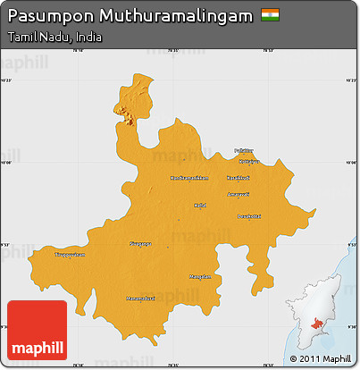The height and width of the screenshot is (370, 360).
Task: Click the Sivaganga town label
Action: pos(140,242)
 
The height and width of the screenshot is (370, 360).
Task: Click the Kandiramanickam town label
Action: pos(189,177)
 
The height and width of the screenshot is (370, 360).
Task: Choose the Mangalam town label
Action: pos(200,276)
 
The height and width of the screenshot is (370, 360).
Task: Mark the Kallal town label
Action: pos(200,205)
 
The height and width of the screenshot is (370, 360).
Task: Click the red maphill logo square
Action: pos(37,331)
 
